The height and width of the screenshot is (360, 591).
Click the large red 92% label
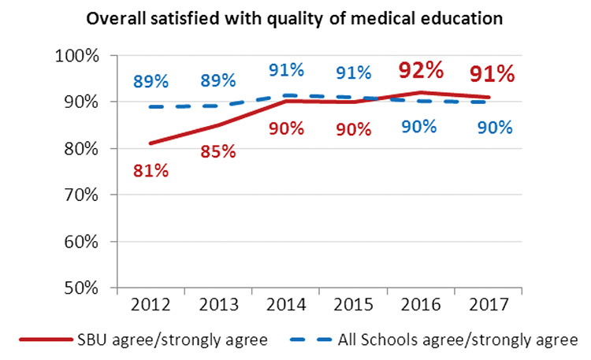(x=420, y=71)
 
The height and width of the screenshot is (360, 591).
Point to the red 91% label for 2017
(x=492, y=75)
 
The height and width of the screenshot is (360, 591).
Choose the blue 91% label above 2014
(x=286, y=69)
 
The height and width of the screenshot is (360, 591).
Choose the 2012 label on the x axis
(x=149, y=304)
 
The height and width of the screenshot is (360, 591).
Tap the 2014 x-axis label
(x=285, y=304)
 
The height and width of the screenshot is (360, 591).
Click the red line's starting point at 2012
(x=149, y=143)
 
